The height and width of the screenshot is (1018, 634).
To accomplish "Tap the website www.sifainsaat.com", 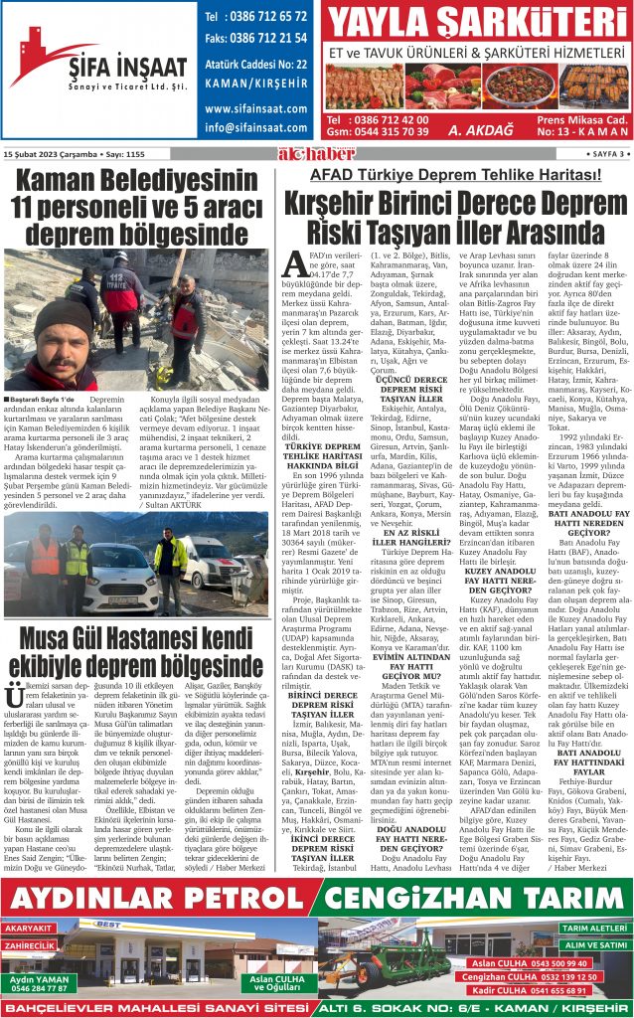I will pos(254,108).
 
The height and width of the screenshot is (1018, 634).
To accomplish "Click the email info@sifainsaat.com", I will pos(254,128).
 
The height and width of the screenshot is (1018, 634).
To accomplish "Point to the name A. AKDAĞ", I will pos(479,129).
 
